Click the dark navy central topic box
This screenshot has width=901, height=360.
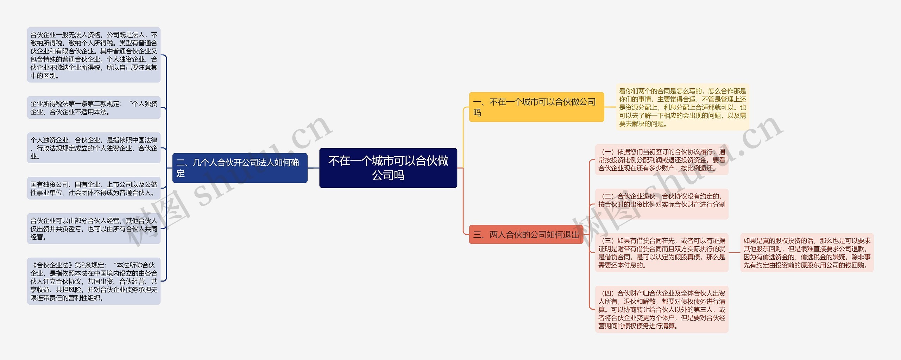coord(388,168)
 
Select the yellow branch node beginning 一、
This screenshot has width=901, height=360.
coord(536,107)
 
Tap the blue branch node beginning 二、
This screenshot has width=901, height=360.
coord(240,168)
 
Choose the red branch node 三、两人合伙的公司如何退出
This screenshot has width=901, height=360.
coord(526,235)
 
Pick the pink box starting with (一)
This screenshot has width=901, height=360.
coord(661,160)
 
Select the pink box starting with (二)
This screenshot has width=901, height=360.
coord(661,204)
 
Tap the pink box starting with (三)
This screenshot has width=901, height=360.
coord(661,252)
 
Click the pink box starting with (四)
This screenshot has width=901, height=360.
coord(661,309)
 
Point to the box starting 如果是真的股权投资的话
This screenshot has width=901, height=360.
coord(807,252)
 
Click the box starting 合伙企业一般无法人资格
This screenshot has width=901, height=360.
coord(94,55)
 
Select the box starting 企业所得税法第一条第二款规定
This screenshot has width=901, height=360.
coord(94,108)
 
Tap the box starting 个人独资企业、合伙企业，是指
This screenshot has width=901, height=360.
coord(94,148)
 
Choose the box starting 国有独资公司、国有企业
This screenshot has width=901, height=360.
coord(94,188)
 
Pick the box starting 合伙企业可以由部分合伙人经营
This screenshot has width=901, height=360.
coord(94,229)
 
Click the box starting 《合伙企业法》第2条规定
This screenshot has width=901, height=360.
coord(94,281)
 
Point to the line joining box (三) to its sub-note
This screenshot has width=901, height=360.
coord(734,252)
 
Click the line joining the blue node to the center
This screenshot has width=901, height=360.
coord(313,168)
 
